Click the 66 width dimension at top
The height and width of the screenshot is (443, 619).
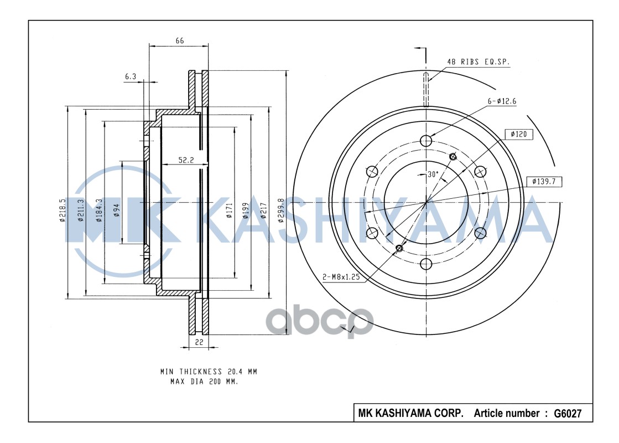click(x=180, y=41)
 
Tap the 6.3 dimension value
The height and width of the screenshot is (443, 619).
click(x=131, y=76)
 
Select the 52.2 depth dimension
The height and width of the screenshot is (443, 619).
click(x=186, y=160)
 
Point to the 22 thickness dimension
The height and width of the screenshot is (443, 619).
click(x=199, y=342)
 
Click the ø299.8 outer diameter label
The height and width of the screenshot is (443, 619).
click(x=281, y=210)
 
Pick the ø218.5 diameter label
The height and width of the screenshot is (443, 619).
click(x=62, y=210)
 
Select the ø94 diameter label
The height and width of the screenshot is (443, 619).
click(x=116, y=210)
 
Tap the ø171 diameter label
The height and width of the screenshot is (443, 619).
click(x=230, y=210)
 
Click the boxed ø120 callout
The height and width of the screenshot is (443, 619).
click(x=519, y=135)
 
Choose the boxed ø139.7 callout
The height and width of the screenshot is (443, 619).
click(x=544, y=182)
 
